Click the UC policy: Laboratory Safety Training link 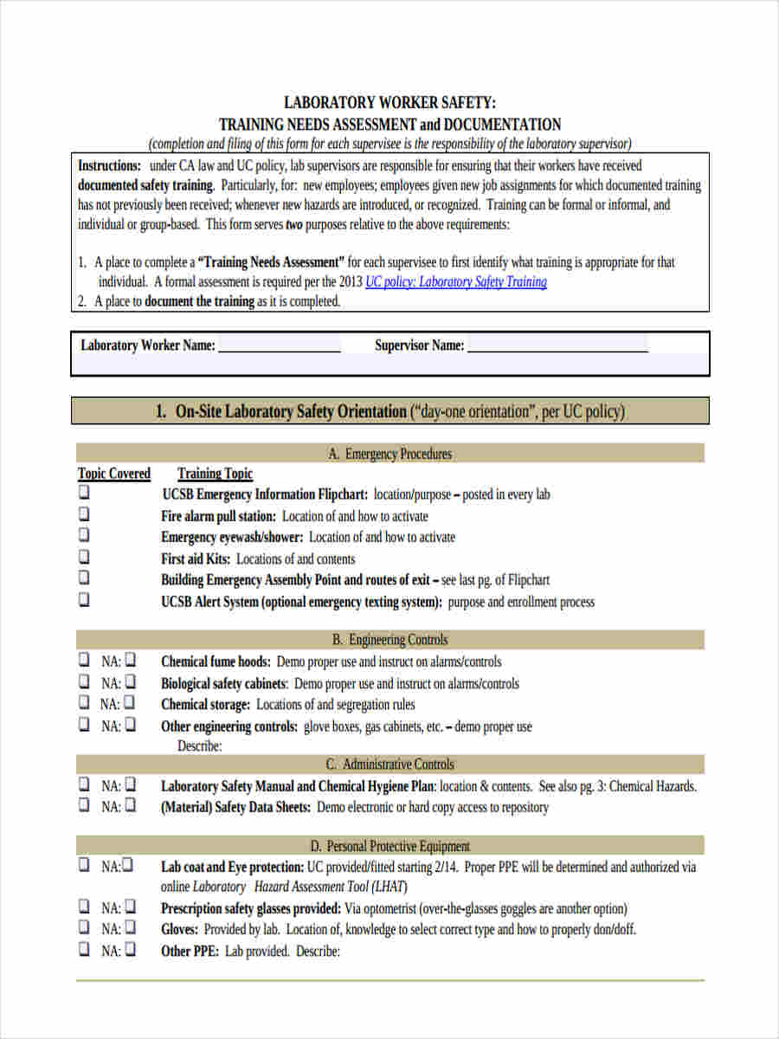point(455,282)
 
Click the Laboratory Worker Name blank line point(279,345)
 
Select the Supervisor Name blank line point(557,345)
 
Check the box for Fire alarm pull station point(84,514)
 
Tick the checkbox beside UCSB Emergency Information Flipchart point(84,493)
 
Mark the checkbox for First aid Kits point(84,557)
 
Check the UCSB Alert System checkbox point(84,599)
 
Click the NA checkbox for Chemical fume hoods point(130,660)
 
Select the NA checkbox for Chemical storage point(130,703)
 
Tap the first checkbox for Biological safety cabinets point(84,681)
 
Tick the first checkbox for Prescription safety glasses point(84,907)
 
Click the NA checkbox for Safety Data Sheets point(130,805)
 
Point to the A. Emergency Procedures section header point(389,454)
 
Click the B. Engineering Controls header point(389,640)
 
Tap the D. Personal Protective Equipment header point(389,846)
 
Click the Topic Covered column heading point(114,474)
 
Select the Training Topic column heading point(215,474)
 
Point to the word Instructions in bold point(109,165)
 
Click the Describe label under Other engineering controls point(200,745)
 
